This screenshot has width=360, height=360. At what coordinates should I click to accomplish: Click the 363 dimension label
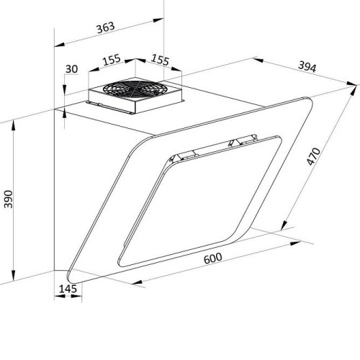tap(106, 28)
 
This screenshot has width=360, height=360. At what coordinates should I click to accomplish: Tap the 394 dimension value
tap(307, 67)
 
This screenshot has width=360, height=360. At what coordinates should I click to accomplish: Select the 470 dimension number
tap(314, 156)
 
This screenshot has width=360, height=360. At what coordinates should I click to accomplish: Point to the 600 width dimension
tap(213, 258)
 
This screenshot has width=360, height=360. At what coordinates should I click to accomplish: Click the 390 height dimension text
tap(9, 199)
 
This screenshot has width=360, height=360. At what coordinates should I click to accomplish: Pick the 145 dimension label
tap(68, 289)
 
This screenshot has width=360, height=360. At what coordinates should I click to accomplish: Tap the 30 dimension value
tap(72, 69)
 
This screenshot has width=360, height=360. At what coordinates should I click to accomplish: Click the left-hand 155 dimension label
tap(112, 60)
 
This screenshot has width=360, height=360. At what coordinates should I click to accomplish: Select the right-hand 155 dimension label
tap(161, 60)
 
